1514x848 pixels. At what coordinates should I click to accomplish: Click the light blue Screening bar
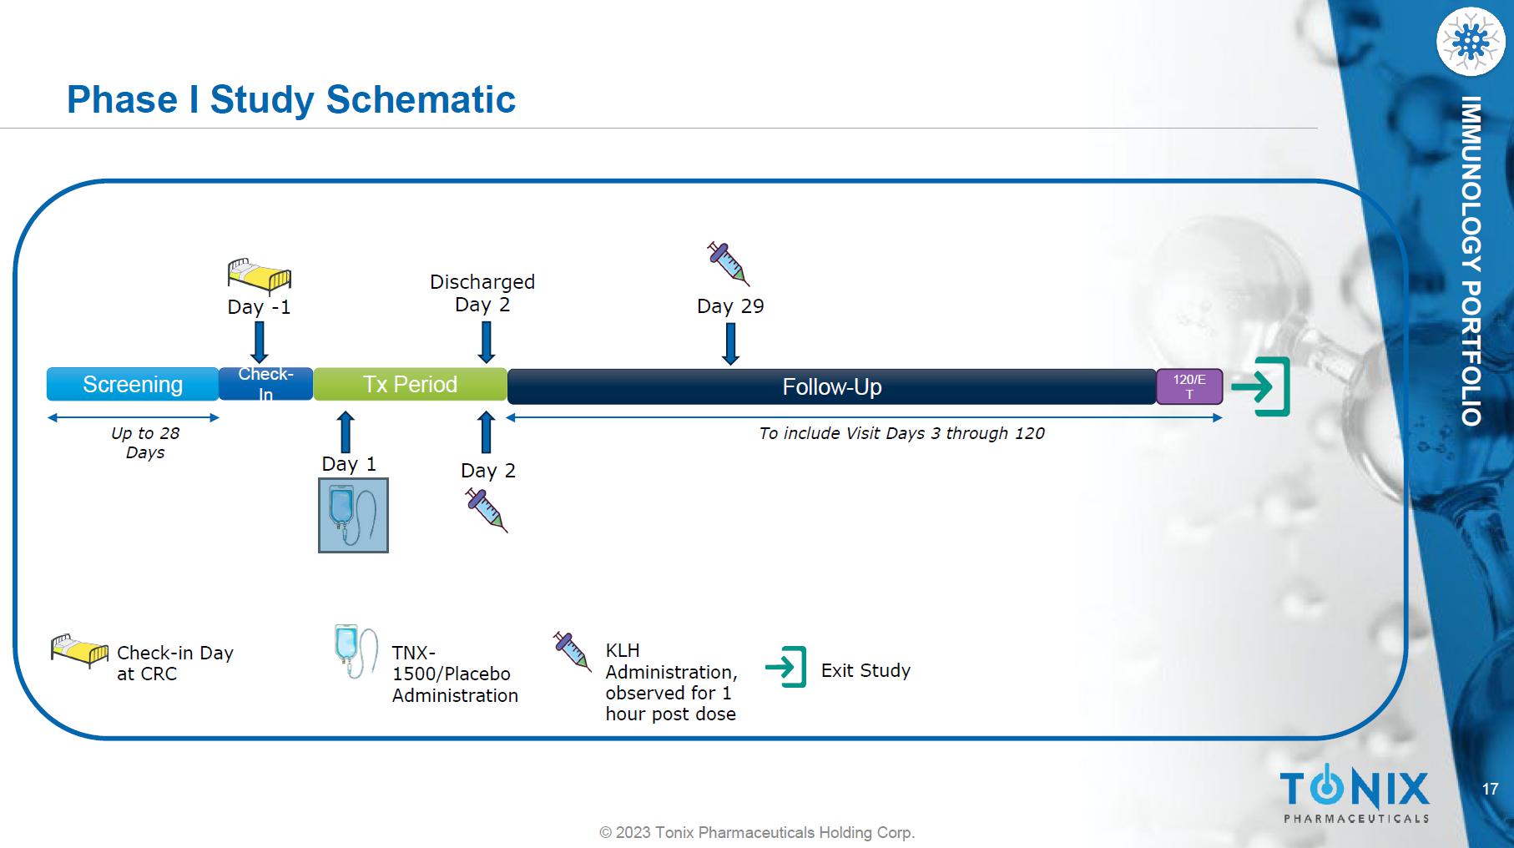[133, 384]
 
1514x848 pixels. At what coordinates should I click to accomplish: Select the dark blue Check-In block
[265, 384]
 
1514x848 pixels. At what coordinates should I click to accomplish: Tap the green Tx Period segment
[410, 384]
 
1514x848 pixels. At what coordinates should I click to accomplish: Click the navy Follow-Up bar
[831, 386]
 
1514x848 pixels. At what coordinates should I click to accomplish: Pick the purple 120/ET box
[1189, 386]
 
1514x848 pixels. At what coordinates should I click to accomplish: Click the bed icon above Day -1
[260, 275]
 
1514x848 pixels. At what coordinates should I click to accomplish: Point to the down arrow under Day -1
[260, 342]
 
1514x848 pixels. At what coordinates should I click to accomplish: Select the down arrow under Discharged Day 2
[486, 342]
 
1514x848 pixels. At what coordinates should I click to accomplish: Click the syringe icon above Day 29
[729, 264]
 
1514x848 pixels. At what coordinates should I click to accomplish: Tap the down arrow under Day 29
[730, 344]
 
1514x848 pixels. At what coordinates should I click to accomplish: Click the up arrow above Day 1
[346, 432]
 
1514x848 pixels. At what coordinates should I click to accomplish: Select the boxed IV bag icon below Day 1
[353, 515]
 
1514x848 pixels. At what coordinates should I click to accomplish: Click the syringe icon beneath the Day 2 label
[487, 511]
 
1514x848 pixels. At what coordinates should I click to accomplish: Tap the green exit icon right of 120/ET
[1261, 386]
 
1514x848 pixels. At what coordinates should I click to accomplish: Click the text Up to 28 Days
[145, 442]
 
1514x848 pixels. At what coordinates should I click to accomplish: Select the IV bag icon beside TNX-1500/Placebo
[356, 651]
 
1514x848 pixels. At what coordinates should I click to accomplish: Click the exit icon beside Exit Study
[786, 667]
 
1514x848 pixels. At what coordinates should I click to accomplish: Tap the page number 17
[1490, 789]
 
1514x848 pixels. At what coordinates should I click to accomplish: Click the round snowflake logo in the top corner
[1471, 41]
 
